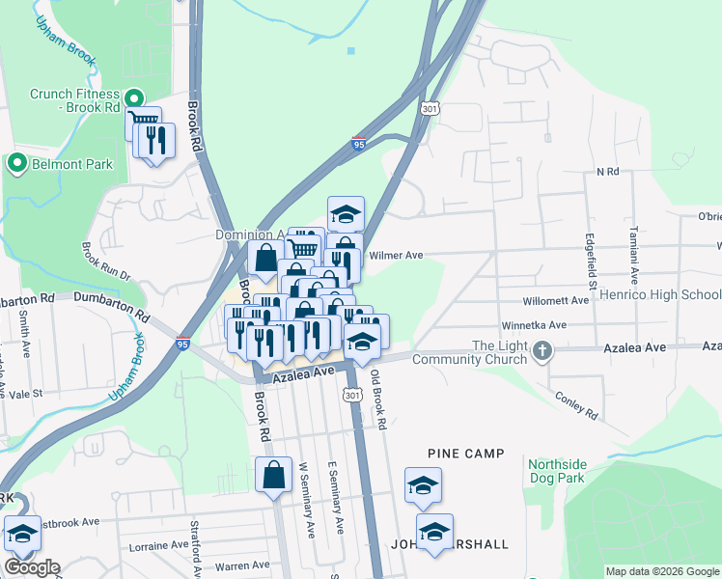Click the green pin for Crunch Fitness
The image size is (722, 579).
point(135,97)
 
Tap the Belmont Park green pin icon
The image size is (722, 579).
point(16,164)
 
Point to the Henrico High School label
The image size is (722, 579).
point(659,294)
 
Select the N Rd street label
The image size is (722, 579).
point(606,171)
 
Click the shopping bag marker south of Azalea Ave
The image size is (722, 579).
point(274,474)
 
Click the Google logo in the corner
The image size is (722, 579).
point(31,567)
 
